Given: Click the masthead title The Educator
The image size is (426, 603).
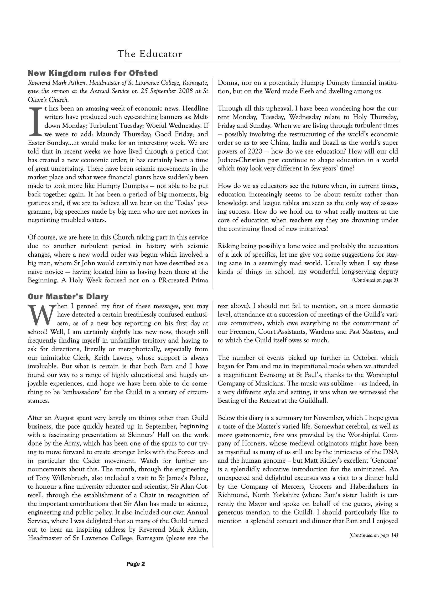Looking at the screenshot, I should tap(150, 54).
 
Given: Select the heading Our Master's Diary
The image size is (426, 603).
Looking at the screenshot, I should tap(68, 296).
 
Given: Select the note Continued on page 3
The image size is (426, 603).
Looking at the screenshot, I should tap(375, 280).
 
